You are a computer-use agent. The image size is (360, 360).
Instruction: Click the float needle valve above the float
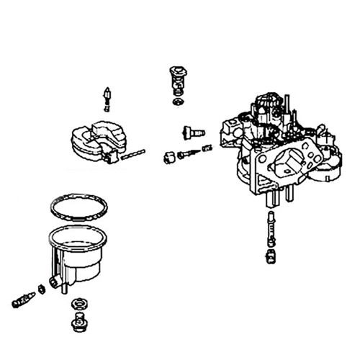[x=107, y=98]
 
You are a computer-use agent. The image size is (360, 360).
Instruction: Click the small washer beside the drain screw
[x=42, y=289]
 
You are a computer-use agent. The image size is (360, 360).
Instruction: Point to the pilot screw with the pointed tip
[x=187, y=153]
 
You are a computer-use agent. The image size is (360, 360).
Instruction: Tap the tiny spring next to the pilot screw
[x=207, y=148]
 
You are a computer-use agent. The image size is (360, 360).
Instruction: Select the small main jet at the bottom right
[x=271, y=254]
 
